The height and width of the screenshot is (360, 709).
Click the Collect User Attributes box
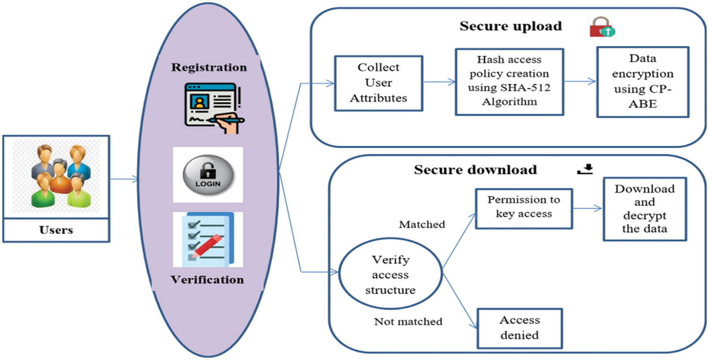(x=378, y=83)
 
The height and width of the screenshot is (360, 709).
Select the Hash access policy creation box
(x=509, y=81)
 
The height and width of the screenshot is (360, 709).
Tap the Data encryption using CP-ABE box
(x=643, y=81)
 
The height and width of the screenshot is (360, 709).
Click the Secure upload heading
(x=510, y=26)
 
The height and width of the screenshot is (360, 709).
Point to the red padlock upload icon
(x=602, y=28)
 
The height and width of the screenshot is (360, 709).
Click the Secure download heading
(x=475, y=170)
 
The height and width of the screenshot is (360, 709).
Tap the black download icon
(x=585, y=169)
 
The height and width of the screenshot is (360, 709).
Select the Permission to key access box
(x=523, y=208)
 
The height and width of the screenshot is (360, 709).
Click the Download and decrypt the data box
(x=644, y=209)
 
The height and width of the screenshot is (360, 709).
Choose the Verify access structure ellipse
(x=390, y=274)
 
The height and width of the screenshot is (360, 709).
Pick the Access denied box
(x=519, y=328)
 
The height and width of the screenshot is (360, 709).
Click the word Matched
(x=422, y=224)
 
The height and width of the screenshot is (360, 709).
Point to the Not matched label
(x=408, y=322)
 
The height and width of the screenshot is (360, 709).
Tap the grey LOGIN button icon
(x=208, y=175)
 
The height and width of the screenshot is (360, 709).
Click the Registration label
(x=209, y=67)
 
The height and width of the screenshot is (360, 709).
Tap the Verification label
(x=207, y=280)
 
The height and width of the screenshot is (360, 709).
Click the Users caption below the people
(x=56, y=230)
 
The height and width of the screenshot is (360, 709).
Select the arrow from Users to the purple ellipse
(x=124, y=179)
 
